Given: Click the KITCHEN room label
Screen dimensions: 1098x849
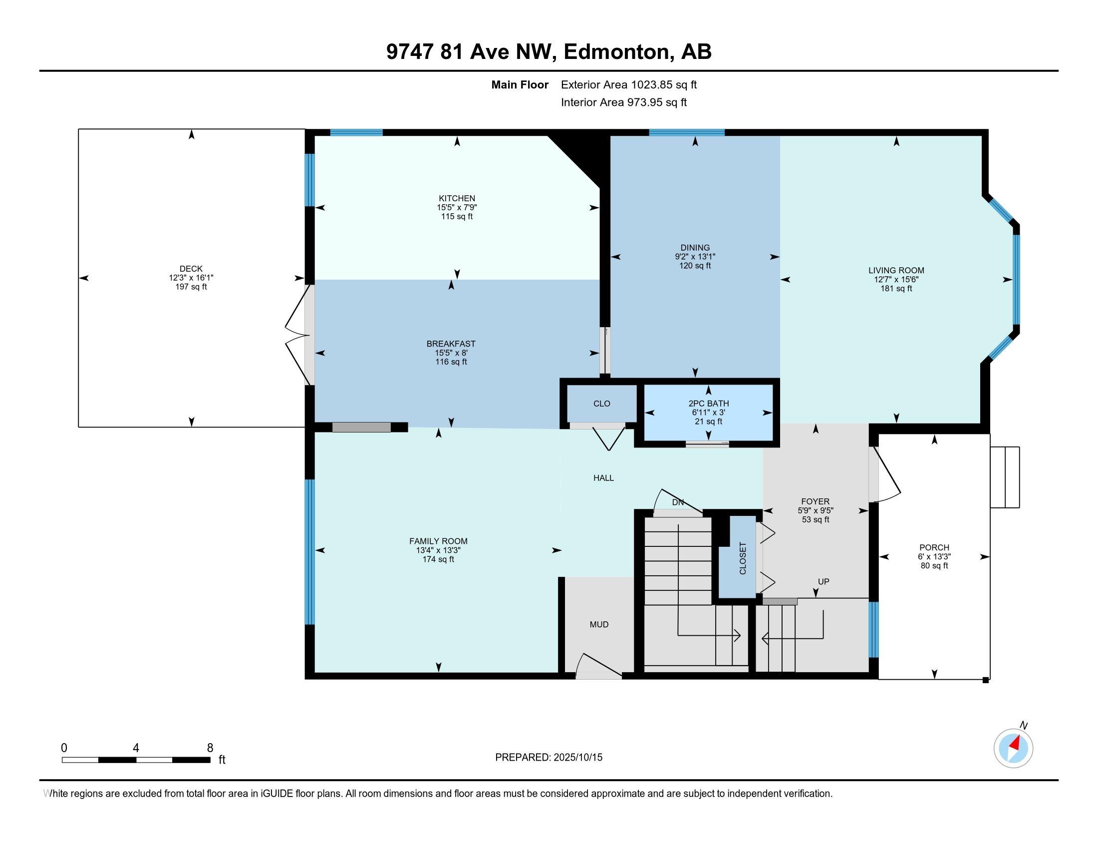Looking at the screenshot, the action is pyautogui.click(x=457, y=198).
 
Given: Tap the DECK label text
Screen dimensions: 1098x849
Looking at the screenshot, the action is pyautogui.click(x=191, y=269).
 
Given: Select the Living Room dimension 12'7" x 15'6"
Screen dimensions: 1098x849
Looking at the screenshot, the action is pyautogui.click(x=896, y=280).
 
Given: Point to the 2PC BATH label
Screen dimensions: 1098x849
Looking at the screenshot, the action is pyautogui.click(x=708, y=404).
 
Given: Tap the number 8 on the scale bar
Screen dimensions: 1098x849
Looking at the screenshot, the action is pyautogui.click(x=210, y=748).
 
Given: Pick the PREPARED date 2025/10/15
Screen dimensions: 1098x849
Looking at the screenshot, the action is pyautogui.click(x=577, y=757).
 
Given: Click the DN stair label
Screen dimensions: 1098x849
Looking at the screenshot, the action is pyautogui.click(x=678, y=502).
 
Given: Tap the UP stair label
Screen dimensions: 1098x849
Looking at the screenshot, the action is pyautogui.click(x=823, y=581).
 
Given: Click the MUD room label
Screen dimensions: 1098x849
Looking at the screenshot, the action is pyautogui.click(x=599, y=624).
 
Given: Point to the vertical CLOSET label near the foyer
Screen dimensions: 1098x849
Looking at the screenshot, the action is pyautogui.click(x=743, y=558).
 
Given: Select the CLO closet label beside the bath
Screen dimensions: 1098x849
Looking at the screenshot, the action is pyautogui.click(x=601, y=404).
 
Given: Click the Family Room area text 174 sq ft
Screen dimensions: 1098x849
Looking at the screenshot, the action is pyautogui.click(x=438, y=559).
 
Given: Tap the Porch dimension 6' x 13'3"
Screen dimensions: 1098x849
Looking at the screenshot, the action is pyautogui.click(x=934, y=556).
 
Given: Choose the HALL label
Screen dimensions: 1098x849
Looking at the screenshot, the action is pyautogui.click(x=603, y=478).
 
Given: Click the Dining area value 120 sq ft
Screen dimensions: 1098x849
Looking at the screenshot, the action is pyautogui.click(x=695, y=266).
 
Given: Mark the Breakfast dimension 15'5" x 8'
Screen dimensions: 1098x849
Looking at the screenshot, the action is pyautogui.click(x=451, y=353).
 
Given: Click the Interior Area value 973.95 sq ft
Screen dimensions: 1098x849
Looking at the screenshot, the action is pyautogui.click(x=657, y=102).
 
